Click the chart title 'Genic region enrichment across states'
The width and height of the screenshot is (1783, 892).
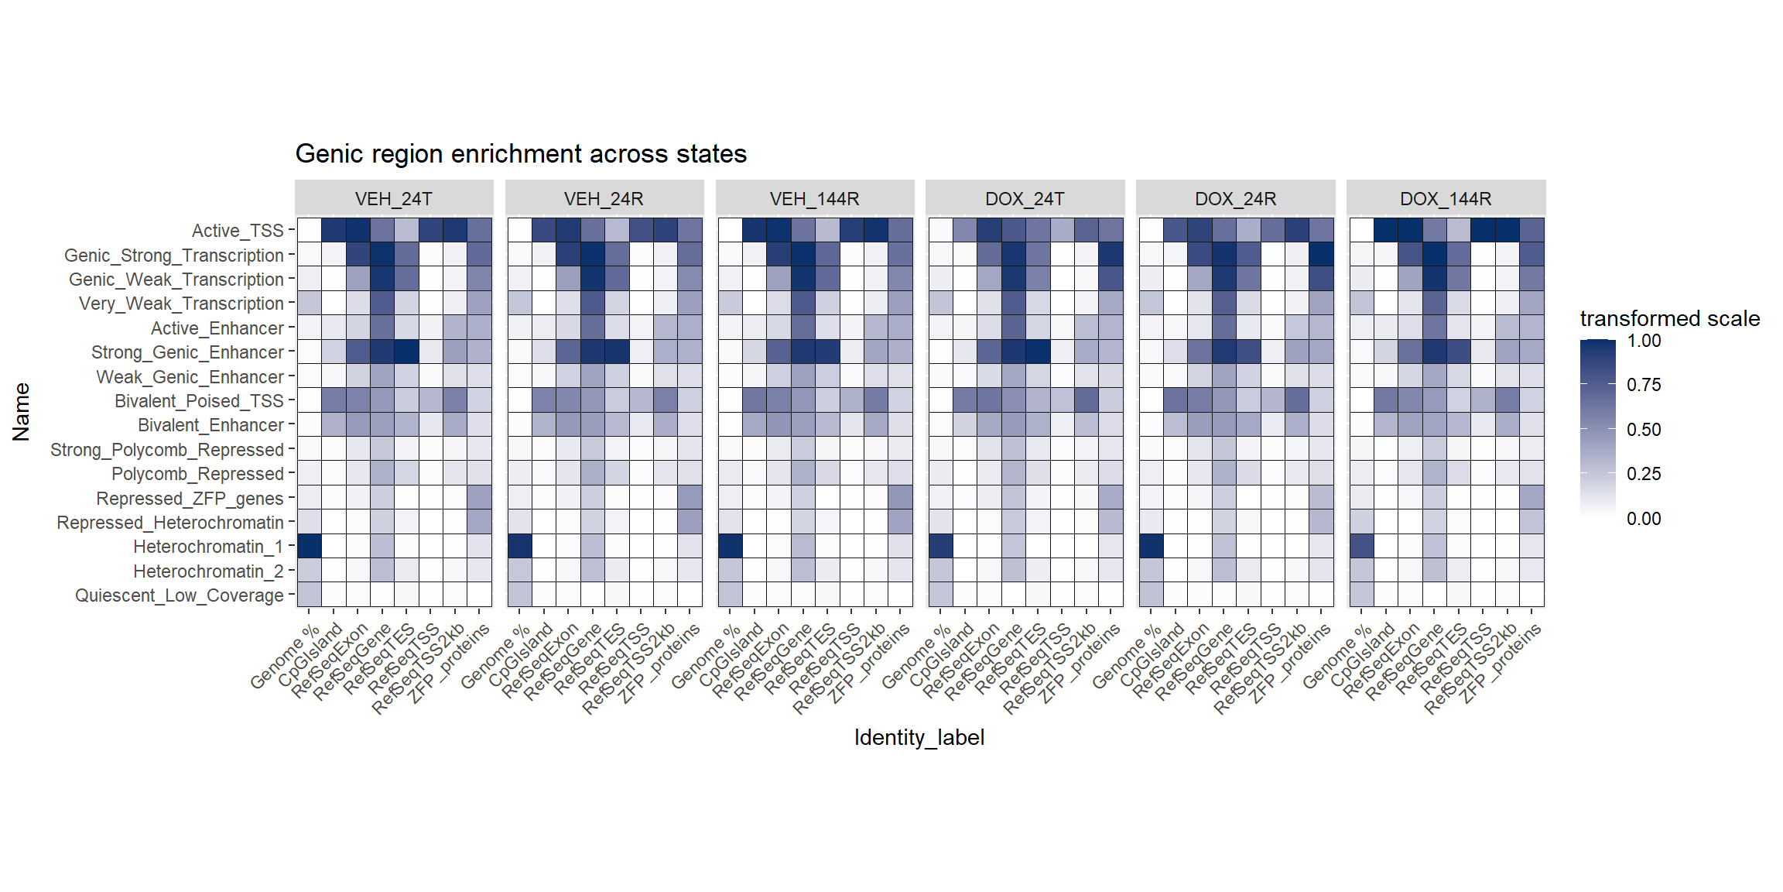tap(521, 154)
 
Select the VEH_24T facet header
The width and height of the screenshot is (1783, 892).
tap(394, 199)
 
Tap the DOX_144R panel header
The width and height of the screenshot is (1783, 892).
tap(1446, 199)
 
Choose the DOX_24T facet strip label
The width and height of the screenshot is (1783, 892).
tap(1025, 199)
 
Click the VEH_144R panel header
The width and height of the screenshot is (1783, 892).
tap(814, 199)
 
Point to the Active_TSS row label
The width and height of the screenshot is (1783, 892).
tap(238, 231)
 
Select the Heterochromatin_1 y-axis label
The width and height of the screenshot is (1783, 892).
tap(208, 547)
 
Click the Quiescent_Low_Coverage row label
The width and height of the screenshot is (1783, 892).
tap(180, 595)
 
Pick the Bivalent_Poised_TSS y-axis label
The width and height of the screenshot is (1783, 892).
tap(199, 401)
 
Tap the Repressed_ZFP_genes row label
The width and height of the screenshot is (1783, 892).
tap(190, 499)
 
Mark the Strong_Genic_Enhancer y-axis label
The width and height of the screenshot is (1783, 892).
tap(187, 352)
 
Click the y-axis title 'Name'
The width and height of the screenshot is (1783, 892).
tap(21, 412)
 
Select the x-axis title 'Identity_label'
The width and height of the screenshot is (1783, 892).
tap(919, 737)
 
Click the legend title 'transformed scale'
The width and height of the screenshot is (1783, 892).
tap(1669, 318)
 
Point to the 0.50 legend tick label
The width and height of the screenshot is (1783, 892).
tap(1644, 430)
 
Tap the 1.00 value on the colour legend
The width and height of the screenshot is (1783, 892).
tap(1644, 341)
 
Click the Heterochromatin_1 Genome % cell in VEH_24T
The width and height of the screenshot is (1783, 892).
tap(310, 546)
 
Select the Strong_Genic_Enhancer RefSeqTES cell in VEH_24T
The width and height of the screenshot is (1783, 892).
tap(406, 352)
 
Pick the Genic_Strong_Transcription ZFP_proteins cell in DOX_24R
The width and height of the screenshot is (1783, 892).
tap(1321, 254)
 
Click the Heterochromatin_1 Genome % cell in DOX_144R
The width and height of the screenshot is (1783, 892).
tap(1362, 546)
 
